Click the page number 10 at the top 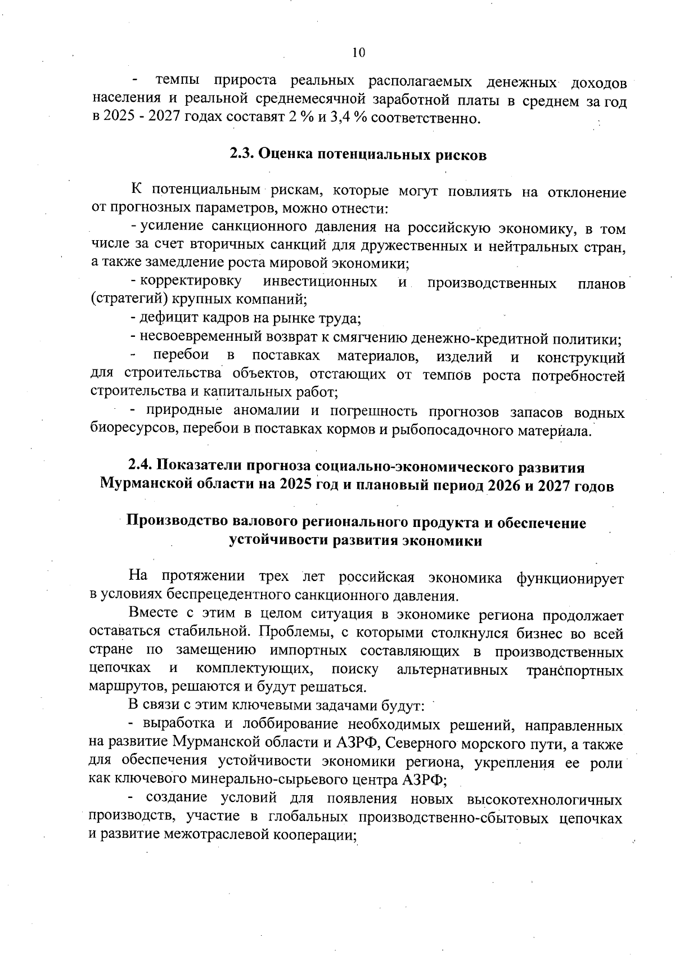point(358,53)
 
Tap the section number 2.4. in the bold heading point(140,467)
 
